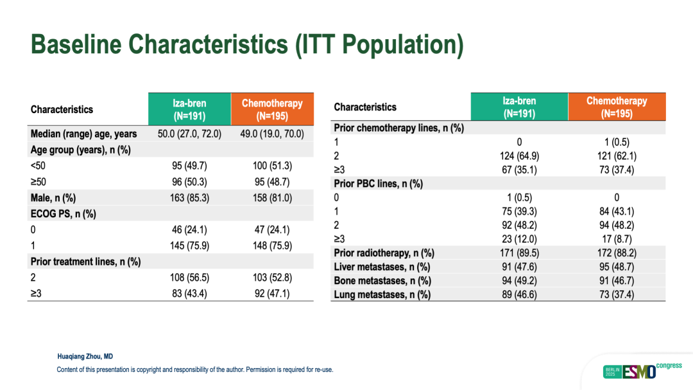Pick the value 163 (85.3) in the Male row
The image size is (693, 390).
pyautogui.click(x=189, y=198)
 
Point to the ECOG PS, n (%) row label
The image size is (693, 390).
pyautogui.click(x=63, y=214)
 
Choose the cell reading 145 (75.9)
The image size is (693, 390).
pyautogui.click(x=189, y=245)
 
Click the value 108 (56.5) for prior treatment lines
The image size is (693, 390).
pyautogui.click(x=189, y=278)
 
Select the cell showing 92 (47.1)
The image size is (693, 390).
pyautogui.click(x=272, y=294)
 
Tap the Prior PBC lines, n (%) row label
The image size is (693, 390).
pyautogui.click(x=379, y=184)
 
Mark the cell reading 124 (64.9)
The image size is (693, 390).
pyautogui.click(x=519, y=156)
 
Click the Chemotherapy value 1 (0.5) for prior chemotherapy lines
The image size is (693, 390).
pyautogui.click(x=617, y=142)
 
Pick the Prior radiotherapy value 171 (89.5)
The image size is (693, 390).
pyautogui.click(x=519, y=253)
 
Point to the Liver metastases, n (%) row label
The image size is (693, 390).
pyautogui.click(x=382, y=267)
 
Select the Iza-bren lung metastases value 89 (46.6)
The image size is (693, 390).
pyautogui.click(x=519, y=295)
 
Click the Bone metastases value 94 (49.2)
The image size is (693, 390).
pyautogui.click(x=519, y=281)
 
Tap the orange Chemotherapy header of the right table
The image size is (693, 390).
pyautogui.click(x=617, y=107)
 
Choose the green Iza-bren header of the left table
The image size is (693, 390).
pyautogui.click(x=189, y=109)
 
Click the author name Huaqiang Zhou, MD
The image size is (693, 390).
pyautogui.click(x=85, y=357)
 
